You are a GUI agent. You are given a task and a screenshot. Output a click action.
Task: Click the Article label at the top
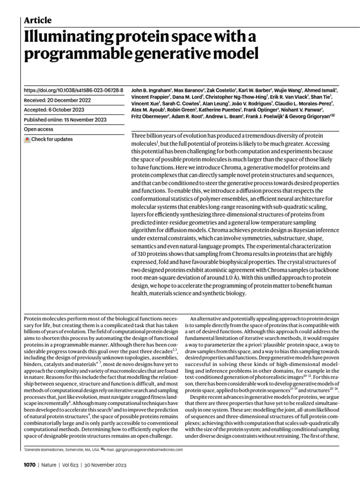pyautogui.click(x=37, y=20)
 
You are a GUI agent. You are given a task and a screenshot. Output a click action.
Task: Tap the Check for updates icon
pyautogui.click(x=27, y=139)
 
